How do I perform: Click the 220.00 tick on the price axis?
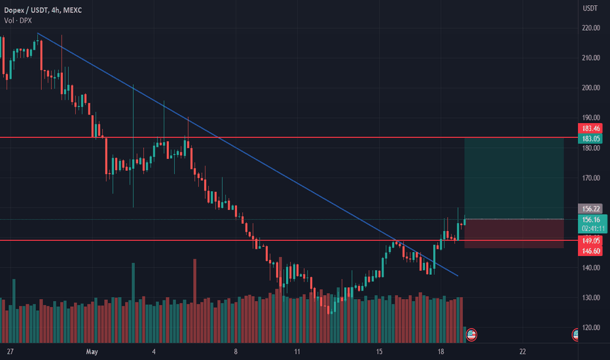(x=591, y=27)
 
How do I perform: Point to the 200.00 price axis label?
(x=591, y=88)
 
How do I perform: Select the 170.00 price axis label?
(x=591, y=178)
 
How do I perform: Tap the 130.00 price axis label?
(x=591, y=298)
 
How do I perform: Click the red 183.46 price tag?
(x=593, y=128)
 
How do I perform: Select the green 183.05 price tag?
(x=593, y=139)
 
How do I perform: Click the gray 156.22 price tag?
(x=593, y=208)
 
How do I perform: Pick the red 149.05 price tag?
(x=593, y=240)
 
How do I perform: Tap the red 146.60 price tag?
(x=593, y=251)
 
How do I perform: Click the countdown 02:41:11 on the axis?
(x=593, y=228)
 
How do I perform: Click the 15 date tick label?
(x=379, y=351)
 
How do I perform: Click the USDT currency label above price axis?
(x=590, y=9)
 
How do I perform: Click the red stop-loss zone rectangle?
(x=514, y=234)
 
